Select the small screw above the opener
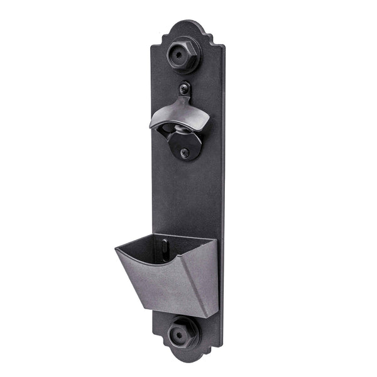tap(183, 87)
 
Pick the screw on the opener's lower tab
tap(184, 152)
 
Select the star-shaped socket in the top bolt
tap(183, 55)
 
